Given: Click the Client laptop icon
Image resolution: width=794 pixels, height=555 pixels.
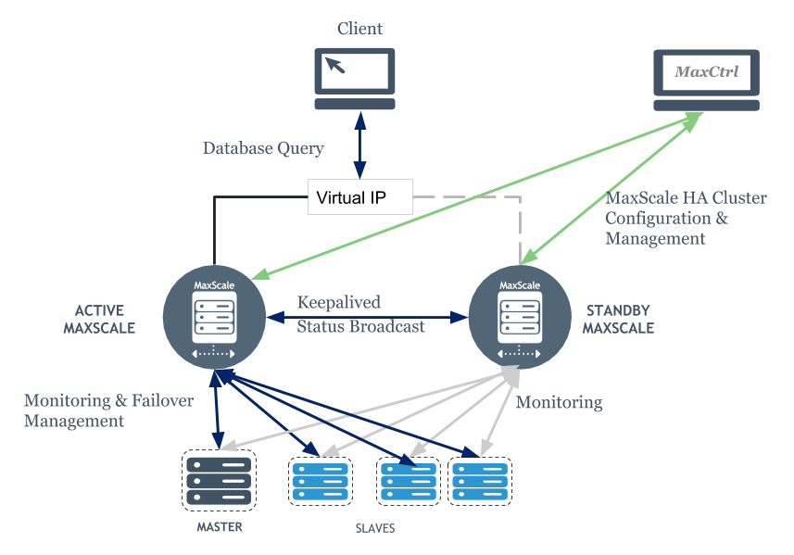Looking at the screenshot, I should click(354, 78).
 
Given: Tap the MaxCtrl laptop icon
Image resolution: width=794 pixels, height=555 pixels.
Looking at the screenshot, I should click(706, 79).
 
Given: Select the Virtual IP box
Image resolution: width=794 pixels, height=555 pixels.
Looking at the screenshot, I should click(360, 197).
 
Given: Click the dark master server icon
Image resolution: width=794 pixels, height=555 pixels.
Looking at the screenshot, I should click(219, 479).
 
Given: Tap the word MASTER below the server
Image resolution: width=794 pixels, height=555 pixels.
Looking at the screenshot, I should click(219, 527).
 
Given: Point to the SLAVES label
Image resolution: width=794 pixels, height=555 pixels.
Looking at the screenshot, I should click(375, 528).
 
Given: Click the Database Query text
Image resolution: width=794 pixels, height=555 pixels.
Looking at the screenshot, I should click(263, 148).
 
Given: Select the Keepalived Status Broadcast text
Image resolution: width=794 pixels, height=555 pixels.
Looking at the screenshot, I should click(361, 315).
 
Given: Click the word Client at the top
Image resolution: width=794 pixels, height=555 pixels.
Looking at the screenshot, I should click(359, 29).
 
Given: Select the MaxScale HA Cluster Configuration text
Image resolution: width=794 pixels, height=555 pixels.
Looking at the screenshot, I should click(686, 219).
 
